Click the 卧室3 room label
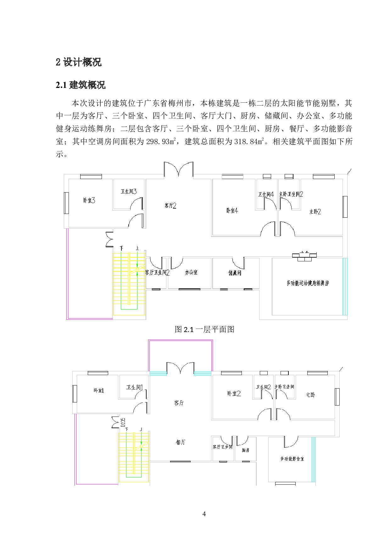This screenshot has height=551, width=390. pyautogui.click(x=89, y=200)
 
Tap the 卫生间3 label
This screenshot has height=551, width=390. pyautogui.click(x=129, y=192)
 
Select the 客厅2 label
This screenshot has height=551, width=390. pyautogui.click(x=170, y=206)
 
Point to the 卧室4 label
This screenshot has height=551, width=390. pyautogui.click(x=232, y=210)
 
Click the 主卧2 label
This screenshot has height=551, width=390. pyautogui.click(x=315, y=212)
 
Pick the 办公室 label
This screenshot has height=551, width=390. pyautogui.click(x=191, y=272)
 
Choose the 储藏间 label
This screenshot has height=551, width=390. pyautogui.click(x=235, y=273)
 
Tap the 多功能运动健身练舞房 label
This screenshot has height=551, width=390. pyautogui.click(x=308, y=283)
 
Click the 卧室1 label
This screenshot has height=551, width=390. pyautogui.click(x=99, y=391)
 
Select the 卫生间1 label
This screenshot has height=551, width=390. pyautogui.click(x=134, y=387)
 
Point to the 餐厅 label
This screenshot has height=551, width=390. pyautogui.click(x=181, y=442)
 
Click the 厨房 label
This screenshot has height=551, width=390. pyautogui.click(x=246, y=450)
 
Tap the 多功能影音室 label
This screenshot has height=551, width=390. pyautogui.click(x=292, y=459)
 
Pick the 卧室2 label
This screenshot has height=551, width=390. pyautogui.click(x=234, y=394)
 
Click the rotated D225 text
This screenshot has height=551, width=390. pyautogui.click(x=123, y=423)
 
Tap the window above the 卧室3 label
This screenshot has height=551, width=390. pyautogui.click(x=91, y=177)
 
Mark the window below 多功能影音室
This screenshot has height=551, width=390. pyautogui.click(x=285, y=484)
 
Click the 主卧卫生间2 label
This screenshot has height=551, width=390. pyautogui.click(x=291, y=194)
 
